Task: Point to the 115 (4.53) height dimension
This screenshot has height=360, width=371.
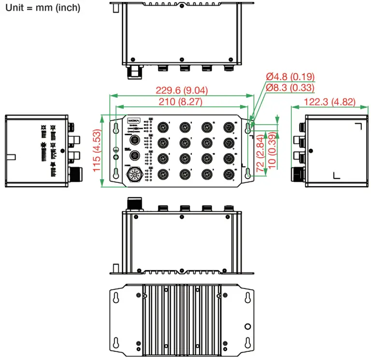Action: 96,151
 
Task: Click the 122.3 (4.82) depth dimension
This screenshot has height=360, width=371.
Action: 330,101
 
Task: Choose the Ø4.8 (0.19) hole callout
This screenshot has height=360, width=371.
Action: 290,76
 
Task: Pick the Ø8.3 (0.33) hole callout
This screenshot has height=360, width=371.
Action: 290,87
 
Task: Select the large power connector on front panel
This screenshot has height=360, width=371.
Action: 135,175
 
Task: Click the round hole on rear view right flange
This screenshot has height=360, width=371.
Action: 247,326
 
